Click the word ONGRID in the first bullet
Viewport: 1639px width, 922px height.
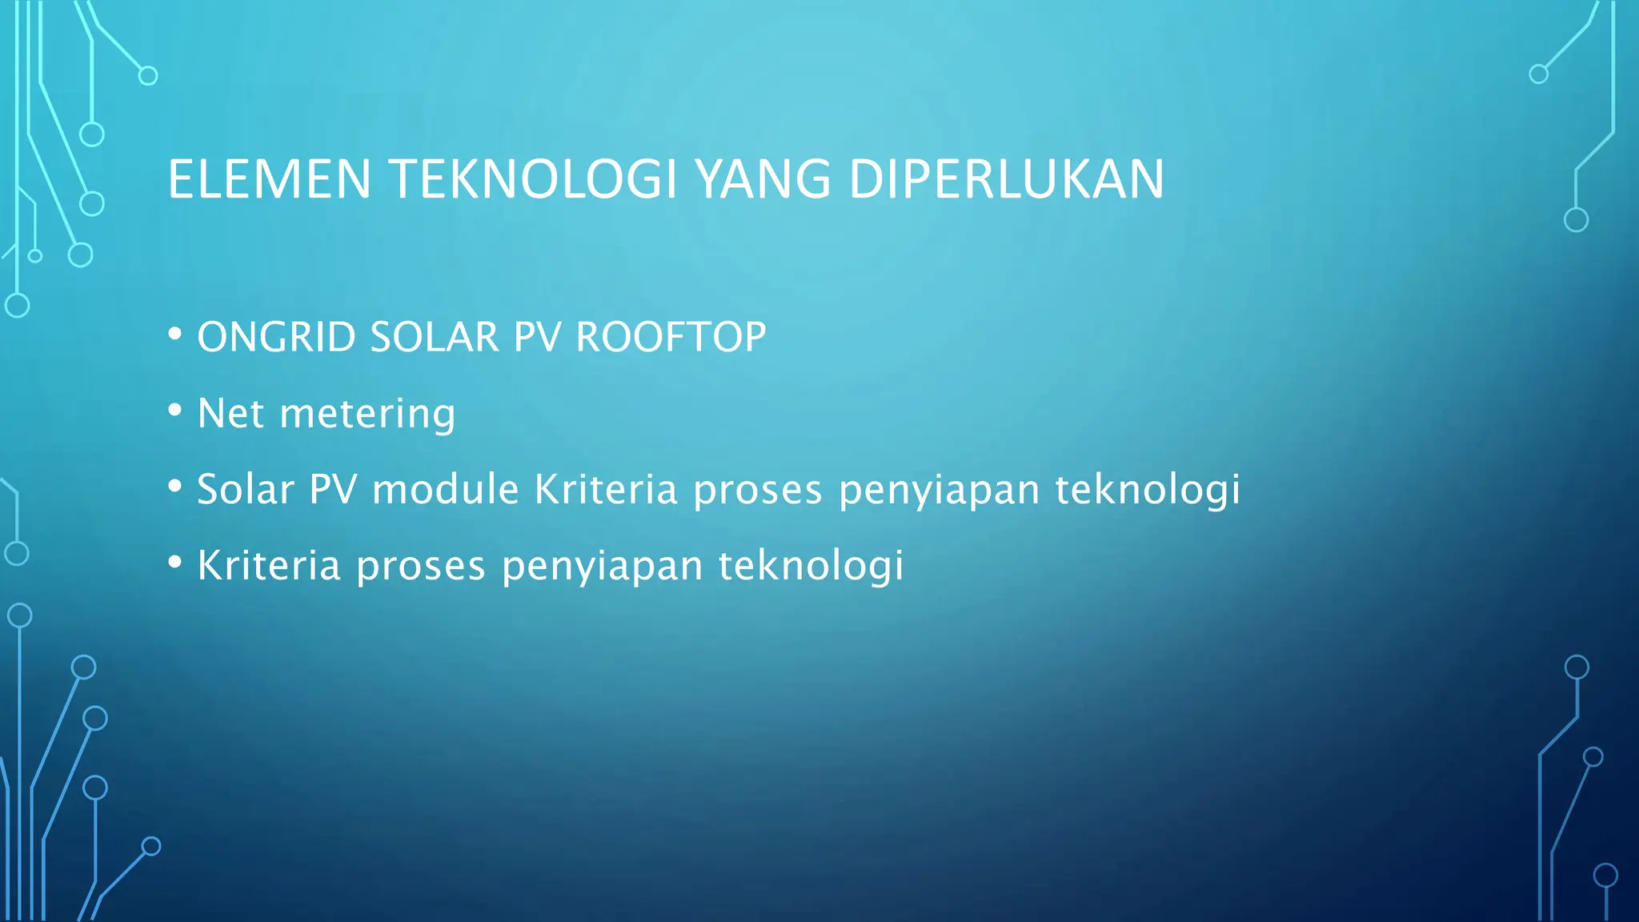pyautogui.click(x=276, y=337)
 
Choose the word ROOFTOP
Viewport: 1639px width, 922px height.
pyautogui.click(x=671, y=337)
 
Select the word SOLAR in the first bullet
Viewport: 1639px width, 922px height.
pyautogui.click(x=435, y=337)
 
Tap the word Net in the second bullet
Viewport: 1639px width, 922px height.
pyautogui.click(x=230, y=413)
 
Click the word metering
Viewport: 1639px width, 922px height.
pyautogui.click(x=367, y=415)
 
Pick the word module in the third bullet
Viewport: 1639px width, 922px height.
pyautogui.click(x=446, y=489)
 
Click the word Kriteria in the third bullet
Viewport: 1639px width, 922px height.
pyautogui.click(x=606, y=489)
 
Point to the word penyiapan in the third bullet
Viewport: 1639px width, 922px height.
pyautogui.click(x=939, y=491)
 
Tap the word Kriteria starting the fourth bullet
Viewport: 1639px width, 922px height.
pyautogui.click(x=269, y=565)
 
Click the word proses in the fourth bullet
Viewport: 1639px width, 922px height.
pyautogui.click(x=421, y=567)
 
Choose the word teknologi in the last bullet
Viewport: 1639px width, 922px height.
pyautogui.click(x=811, y=567)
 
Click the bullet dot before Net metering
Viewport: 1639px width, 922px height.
pyautogui.click(x=175, y=410)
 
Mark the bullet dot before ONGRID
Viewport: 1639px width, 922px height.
pyautogui.click(x=175, y=334)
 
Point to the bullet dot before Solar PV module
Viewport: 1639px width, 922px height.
pyautogui.click(x=175, y=486)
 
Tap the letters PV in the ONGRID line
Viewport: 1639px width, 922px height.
pyautogui.click(x=538, y=337)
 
